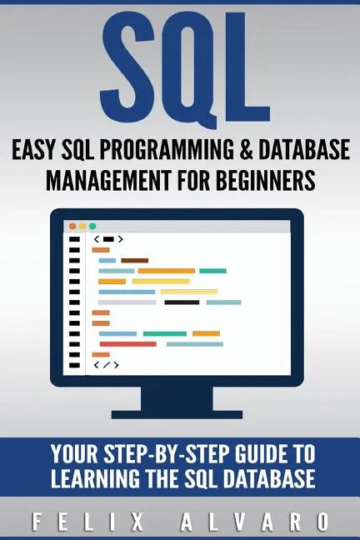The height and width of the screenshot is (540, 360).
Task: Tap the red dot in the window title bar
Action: coord(72,226)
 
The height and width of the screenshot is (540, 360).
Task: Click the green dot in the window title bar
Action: coord(92,226)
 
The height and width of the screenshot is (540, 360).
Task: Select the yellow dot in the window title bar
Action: coord(82,226)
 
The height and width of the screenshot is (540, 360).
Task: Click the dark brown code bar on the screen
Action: coord(134,260)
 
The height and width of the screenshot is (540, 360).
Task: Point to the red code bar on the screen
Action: coord(127,343)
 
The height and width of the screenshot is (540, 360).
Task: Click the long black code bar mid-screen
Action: coord(182,302)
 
